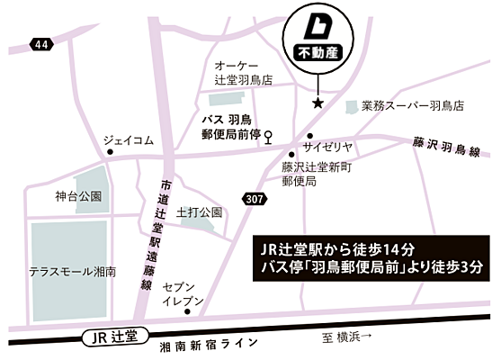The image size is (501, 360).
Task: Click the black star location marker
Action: [317, 104]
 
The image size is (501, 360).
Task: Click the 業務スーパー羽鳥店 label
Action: [413, 105]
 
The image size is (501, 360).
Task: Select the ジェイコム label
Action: [129, 139]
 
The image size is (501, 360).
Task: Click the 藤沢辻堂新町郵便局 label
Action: [312, 174]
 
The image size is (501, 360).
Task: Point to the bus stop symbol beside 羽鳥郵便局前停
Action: [267, 137]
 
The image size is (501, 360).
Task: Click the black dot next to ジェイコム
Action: [111, 152]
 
